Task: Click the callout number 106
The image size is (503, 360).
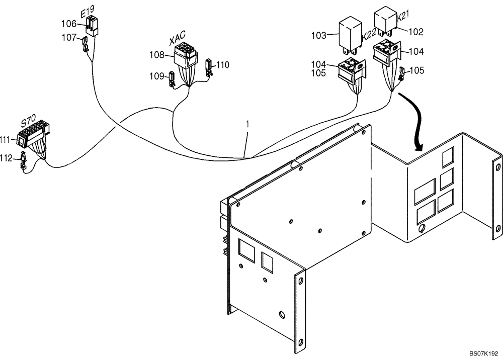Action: [69, 24]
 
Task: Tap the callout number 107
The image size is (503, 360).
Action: [69, 37]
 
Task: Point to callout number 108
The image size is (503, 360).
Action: [157, 53]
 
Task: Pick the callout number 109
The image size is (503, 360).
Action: [156, 76]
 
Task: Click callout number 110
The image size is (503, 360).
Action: [223, 64]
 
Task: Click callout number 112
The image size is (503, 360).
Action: [7, 158]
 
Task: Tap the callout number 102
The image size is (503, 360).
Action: [415, 32]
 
